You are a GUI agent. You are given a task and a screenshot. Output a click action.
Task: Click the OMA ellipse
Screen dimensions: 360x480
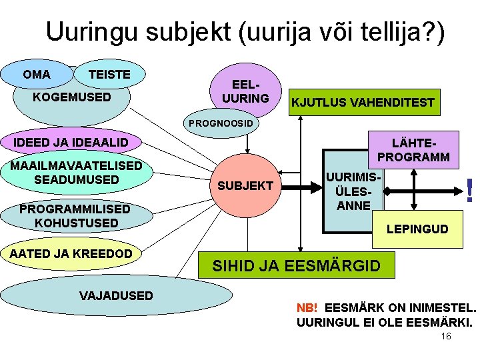(36, 75)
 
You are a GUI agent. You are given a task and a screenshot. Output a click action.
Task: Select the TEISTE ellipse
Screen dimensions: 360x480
(110, 75)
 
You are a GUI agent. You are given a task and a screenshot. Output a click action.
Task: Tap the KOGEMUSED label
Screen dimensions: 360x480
(72, 97)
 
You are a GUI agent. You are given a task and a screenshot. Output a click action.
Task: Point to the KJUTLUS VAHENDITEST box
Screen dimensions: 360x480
(363, 103)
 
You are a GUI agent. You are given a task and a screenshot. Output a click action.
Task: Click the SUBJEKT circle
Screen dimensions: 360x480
(246, 186)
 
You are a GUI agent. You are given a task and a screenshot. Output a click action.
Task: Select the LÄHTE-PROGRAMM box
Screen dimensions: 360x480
(413, 149)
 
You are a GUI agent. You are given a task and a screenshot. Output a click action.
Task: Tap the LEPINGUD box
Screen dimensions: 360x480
(418, 229)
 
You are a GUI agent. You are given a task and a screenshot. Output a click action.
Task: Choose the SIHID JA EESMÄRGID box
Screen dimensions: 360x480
(296, 266)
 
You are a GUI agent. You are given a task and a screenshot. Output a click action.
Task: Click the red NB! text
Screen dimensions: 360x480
(307, 309)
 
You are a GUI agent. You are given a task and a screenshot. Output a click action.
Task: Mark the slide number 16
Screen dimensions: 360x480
(446, 336)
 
